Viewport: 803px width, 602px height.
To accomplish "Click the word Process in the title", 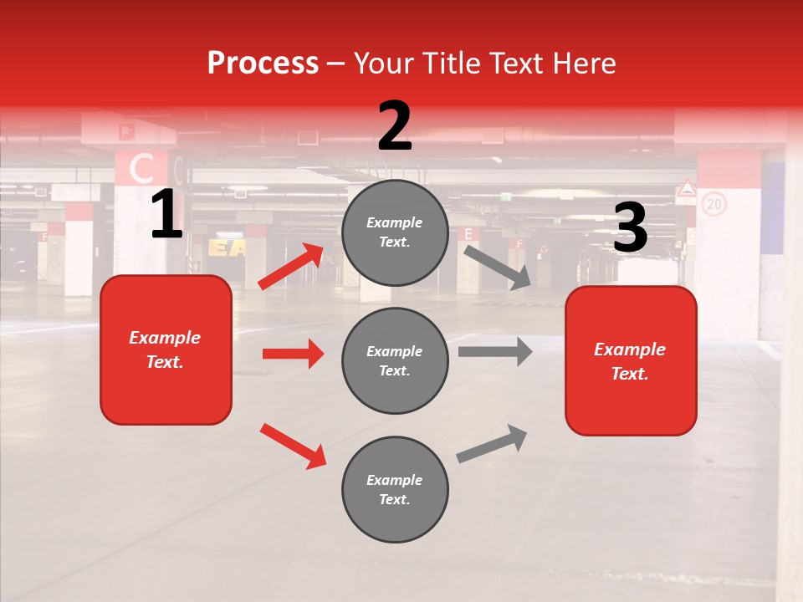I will pos(263,64).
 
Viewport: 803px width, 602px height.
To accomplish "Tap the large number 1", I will pos(166,216).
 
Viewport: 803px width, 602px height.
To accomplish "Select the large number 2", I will pos(395,126).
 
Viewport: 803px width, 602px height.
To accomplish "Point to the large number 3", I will pos(630,227).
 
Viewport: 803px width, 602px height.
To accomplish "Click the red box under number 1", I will pos(166,349).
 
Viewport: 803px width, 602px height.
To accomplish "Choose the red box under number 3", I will pos(631,361).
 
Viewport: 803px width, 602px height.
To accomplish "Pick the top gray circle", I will pos(395,232).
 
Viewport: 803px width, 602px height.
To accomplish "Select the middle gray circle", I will pos(395,361).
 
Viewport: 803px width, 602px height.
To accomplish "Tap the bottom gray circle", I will pos(395,490).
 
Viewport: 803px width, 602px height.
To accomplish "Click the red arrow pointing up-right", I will pos(292,267).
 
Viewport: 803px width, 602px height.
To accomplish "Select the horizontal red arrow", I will pos(293,354).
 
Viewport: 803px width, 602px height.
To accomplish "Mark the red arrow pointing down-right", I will pos(294,446).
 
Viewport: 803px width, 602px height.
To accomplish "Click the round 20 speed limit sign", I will pos(713,204).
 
